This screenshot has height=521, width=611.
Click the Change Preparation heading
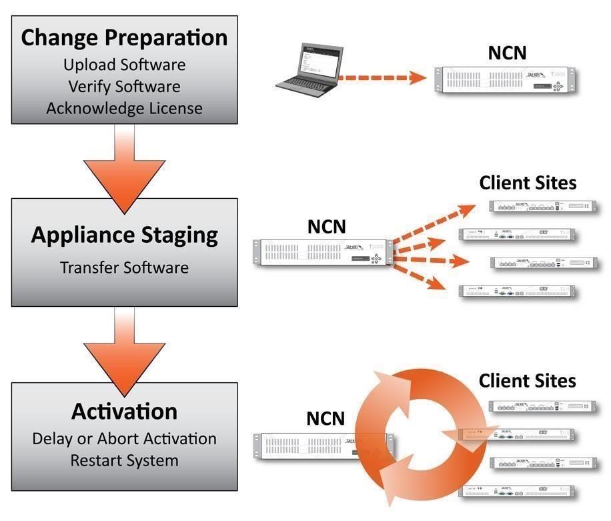124,37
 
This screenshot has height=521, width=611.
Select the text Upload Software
124,65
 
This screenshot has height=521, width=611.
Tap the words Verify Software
124,87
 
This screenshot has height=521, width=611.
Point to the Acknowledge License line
124,108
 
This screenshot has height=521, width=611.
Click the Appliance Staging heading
124,235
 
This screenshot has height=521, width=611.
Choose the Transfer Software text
124,268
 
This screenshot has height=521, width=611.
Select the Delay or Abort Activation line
124,438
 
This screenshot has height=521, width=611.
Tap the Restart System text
124,460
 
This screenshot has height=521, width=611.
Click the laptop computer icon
308,67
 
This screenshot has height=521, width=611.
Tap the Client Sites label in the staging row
528,182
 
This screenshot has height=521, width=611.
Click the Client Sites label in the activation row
527,381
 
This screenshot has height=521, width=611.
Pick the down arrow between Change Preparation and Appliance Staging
124,167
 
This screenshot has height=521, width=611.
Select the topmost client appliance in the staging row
540,206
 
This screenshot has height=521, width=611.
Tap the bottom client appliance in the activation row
517,492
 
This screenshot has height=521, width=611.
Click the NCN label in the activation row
326,418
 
